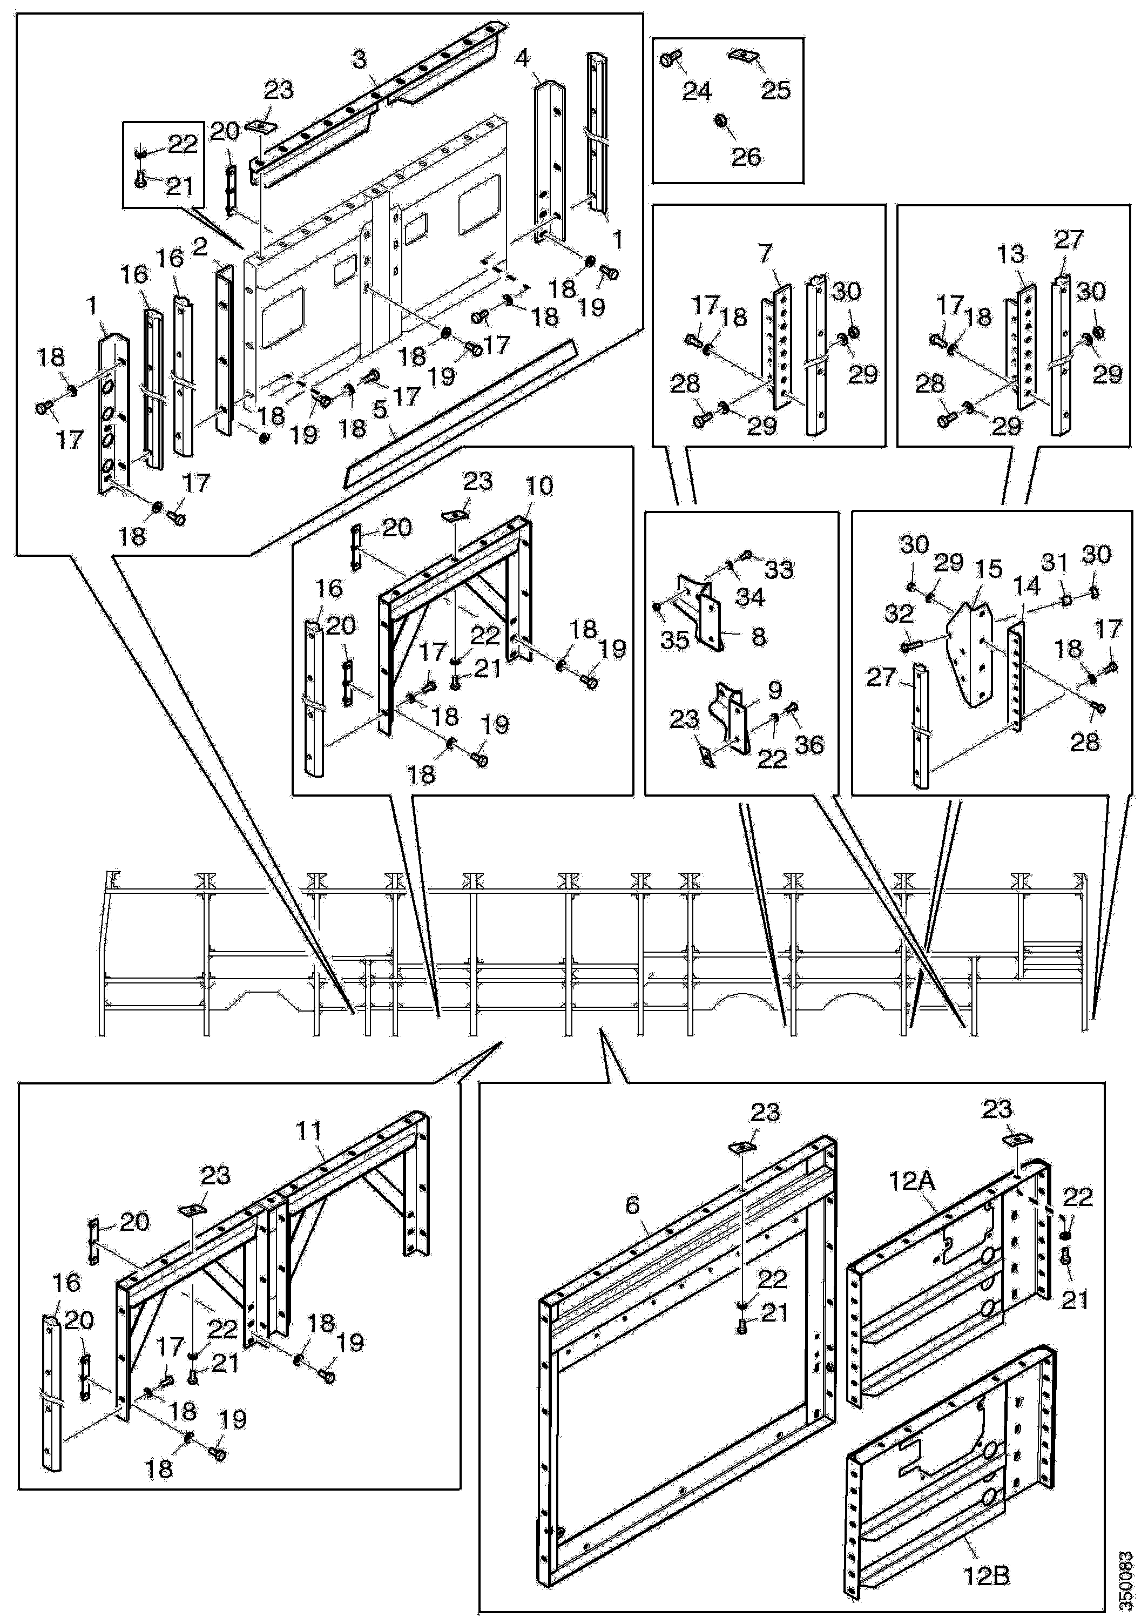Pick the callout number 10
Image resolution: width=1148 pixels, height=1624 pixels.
pyautogui.click(x=538, y=486)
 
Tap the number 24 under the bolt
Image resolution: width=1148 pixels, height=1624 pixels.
pyautogui.click(x=696, y=91)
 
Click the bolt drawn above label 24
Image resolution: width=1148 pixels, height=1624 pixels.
pyautogui.click(x=669, y=60)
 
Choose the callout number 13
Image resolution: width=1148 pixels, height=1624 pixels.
pyautogui.click(x=1010, y=254)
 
